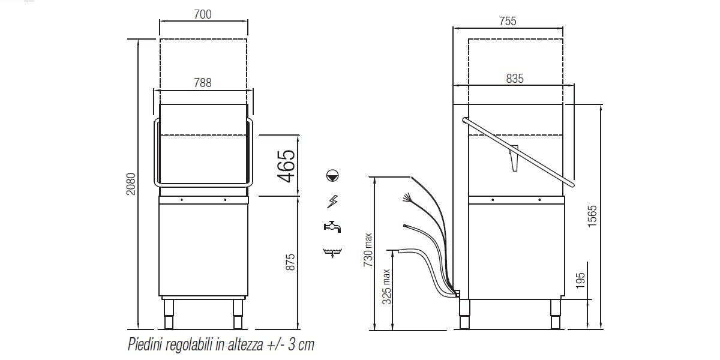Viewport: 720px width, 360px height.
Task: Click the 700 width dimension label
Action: coord(203,14)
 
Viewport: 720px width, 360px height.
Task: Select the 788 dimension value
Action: coord(203,83)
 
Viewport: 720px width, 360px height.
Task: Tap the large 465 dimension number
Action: coord(286,166)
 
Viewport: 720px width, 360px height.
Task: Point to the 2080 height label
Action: coord(131,184)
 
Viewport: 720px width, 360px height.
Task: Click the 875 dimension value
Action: coord(290,262)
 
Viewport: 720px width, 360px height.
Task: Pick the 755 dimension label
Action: coord(508,21)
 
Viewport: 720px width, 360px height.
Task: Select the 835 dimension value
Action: coord(515,79)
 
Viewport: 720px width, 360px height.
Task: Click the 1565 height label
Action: coord(592,217)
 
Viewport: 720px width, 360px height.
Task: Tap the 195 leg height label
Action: coord(580,281)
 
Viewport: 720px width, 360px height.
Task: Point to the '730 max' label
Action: coord(368,250)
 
